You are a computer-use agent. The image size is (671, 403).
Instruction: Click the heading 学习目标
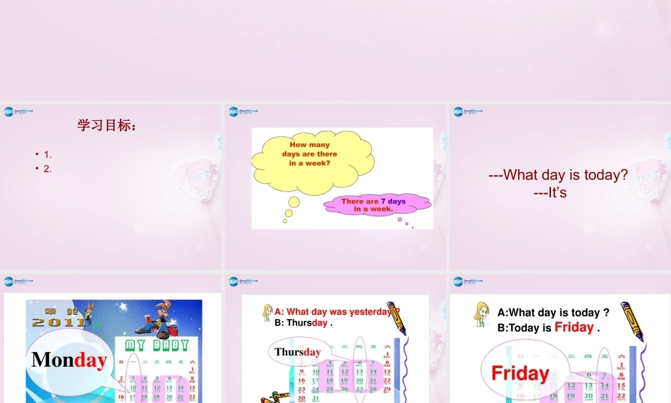107,126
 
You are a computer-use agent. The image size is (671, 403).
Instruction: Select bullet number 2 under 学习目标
48,169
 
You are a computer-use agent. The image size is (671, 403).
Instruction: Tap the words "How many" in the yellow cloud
309,144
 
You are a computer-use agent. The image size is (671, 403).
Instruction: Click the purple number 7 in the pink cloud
383,201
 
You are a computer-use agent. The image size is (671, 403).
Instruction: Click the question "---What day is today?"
558,175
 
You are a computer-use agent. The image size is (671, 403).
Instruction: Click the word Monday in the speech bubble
68,360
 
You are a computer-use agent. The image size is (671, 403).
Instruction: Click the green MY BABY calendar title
157,345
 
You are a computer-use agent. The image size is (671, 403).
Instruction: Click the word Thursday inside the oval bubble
297,352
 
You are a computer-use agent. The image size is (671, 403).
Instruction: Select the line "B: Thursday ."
303,322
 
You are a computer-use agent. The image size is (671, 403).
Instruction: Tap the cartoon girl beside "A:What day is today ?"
481,314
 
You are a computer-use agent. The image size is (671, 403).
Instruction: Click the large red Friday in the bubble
520,373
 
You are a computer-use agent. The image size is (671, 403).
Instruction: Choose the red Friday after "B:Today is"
574,328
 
